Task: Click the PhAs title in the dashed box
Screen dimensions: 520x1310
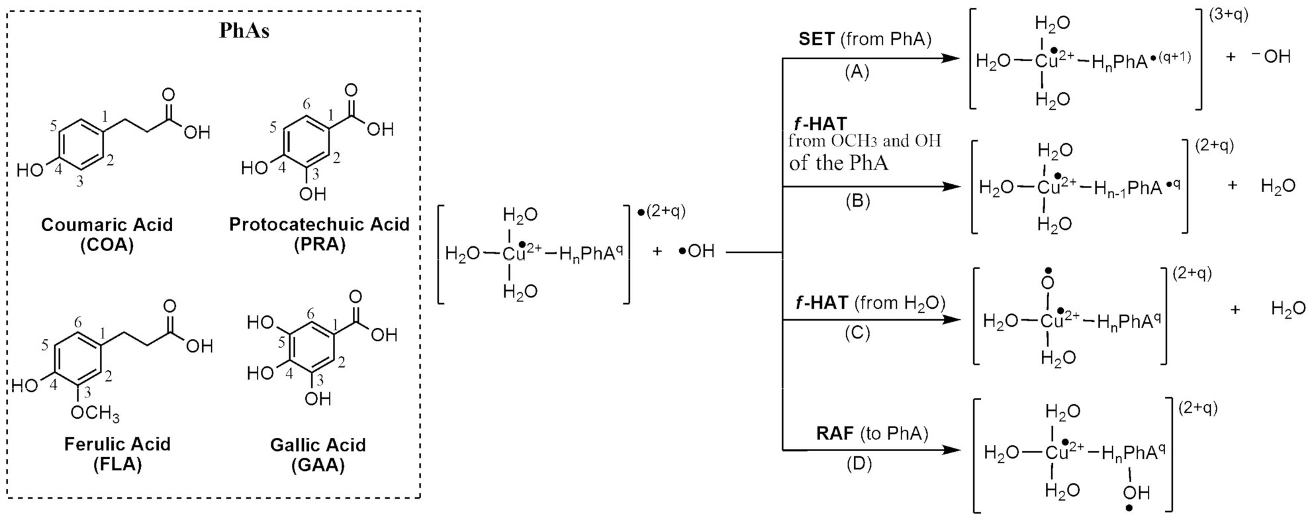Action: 244,31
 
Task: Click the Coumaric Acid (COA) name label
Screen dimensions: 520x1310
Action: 107,234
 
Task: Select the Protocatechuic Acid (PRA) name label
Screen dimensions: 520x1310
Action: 319,234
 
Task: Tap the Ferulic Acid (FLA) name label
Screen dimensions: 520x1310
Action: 117,454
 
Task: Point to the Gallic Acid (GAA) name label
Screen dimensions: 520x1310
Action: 318,454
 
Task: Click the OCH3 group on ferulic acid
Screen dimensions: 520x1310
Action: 95,414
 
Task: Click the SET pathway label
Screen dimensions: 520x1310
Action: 816,39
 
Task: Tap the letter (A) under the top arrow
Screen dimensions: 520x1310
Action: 857,72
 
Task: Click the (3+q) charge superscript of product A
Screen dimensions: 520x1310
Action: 1228,15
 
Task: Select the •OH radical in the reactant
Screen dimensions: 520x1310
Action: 696,252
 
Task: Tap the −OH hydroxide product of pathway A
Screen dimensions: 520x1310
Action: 1270,57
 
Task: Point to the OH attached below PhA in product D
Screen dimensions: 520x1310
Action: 1135,492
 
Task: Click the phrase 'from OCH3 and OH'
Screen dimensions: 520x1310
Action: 864,141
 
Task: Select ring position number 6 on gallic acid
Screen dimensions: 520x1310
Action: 310,314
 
